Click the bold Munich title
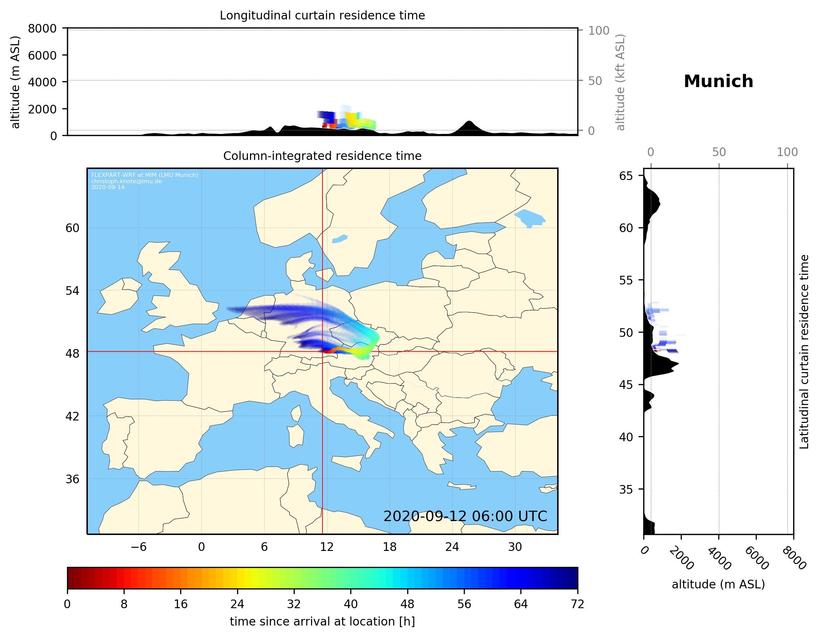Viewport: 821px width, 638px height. pyautogui.click(x=718, y=82)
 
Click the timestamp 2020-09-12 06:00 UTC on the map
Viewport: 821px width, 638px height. pyautogui.click(x=465, y=516)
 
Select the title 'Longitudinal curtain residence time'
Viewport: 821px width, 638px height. pyautogui.click(x=322, y=15)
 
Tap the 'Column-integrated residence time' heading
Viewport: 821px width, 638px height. pyautogui.click(x=322, y=156)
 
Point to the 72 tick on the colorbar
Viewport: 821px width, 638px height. pyautogui.click(x=577, y=604)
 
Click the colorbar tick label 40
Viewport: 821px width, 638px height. pyautogui.click(x=350, y=604)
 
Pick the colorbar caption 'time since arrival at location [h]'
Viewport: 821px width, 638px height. pyautogui.click(x=322, y=621)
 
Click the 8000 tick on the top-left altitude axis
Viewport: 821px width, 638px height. pyautogui.click(x=42, y=28)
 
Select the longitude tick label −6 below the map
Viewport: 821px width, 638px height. pyautogui.click(x=138, y=547)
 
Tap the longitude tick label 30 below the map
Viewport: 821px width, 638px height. pyautogui.click(x=514, y=547)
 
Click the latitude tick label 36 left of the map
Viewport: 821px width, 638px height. pyautogui.click(x=72, y=479)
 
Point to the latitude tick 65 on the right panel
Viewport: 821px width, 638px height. pyautogui.click(x=626, y=176)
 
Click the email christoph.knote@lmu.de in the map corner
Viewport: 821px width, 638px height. pyautogui.click(x=126, y=181)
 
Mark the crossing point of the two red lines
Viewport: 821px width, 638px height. pyautogui.click(x=322, y=352)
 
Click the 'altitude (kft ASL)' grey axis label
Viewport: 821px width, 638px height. pyautogui.click(x=620, y=82)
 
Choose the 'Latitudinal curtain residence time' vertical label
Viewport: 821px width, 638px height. pyautogui.click(x=804, y=352)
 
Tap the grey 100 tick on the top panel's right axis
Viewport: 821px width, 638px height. pyautogui.click(x=598, y=31)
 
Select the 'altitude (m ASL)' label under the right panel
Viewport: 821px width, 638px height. pyautogui.click(x=718, y=584)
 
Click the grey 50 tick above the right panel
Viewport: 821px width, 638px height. pyautogui.click(x=719, y=152)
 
